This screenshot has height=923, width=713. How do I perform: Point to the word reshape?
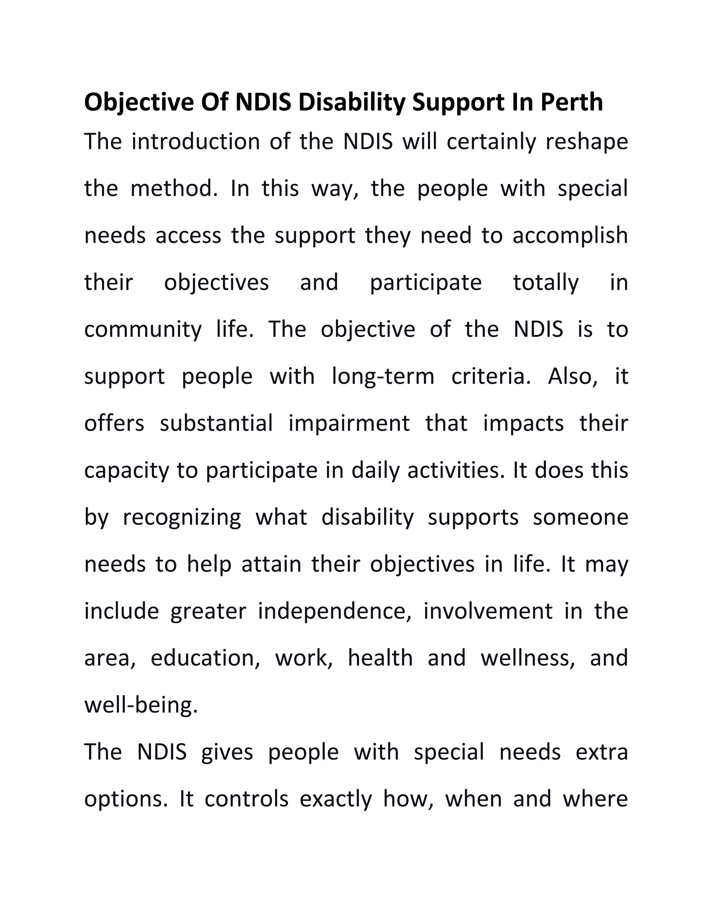(x=586, y=142)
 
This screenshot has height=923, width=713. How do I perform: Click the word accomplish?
(x=570, y=236)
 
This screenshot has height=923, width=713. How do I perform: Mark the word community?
(x=143, y=329)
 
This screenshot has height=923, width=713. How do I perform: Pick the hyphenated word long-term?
(x=383, y=377)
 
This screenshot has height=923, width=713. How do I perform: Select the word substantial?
(x=216, y=423)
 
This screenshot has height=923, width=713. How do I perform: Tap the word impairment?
(x=349, y=424)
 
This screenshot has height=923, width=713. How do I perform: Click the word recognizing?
(x=182, y=518)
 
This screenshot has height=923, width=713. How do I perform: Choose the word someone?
(x=580, y=517)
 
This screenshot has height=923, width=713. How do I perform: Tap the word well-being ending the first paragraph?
(x=141, y=705)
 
